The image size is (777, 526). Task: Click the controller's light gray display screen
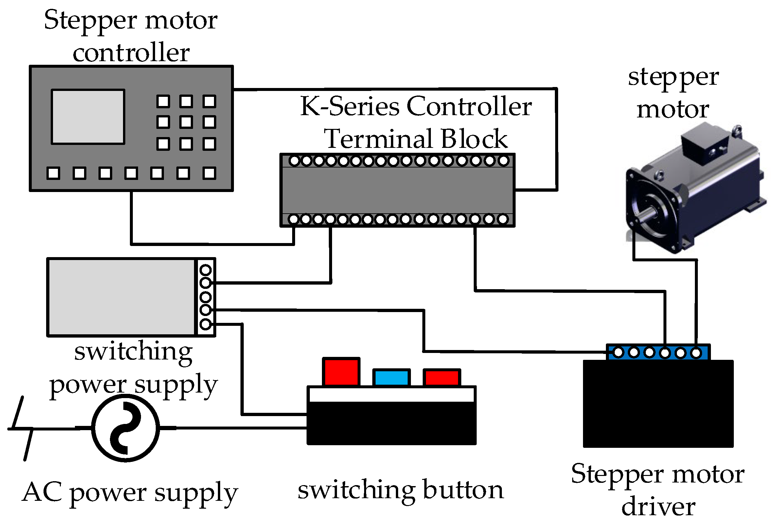(88, 117)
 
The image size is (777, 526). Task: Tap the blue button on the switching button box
(392, 378)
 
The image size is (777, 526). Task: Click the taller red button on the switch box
(341, 372)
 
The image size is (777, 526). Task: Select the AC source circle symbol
(125, 428)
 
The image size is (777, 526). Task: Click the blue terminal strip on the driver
(658, 352)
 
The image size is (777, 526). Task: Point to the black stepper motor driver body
(658, 405)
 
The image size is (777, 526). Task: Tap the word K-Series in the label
(349, 106)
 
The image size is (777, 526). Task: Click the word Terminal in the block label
(379, 139)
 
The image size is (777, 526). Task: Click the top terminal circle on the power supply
(205, 270)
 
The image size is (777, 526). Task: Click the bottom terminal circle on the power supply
(205, 324)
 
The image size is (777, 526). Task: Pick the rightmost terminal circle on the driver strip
(696, 352)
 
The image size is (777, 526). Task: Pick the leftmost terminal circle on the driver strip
(618, 352)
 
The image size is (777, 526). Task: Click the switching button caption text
(400, 490)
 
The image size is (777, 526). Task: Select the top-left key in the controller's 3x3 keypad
(163, 101)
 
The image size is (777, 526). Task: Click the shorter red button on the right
(442, 378)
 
